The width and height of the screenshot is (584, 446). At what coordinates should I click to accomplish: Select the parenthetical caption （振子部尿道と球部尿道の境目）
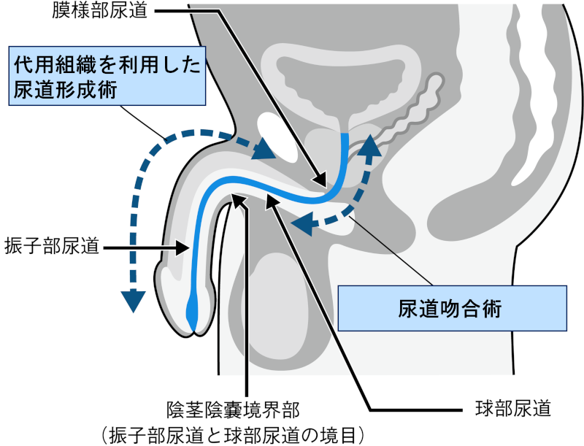click(x=234, y=433)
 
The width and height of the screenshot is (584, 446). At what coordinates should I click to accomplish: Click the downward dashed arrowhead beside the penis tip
click(x=133, y=300)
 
